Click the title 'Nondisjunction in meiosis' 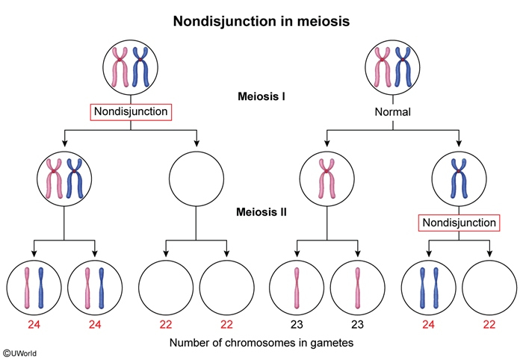tap(261, 20)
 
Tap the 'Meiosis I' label tap(261, 96)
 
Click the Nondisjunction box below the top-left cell tap(131, 113)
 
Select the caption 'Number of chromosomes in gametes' tap(262, 344)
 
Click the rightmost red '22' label tap(489, 324)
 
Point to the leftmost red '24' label tap(34, 324)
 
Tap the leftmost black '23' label tap(295, 324)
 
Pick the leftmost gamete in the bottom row tap(34, 288)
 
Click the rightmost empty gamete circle tap(489, 288)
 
